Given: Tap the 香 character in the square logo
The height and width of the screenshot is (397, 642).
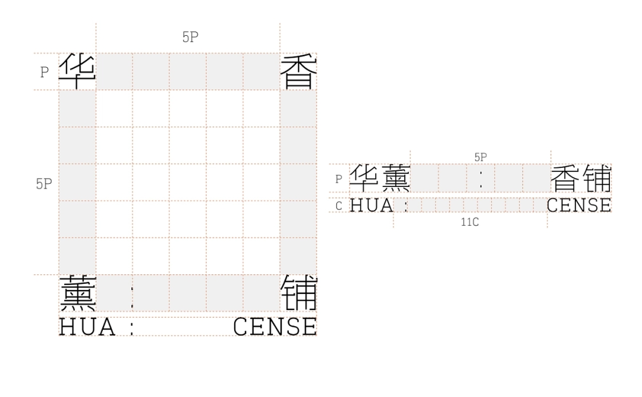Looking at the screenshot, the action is pyautogui.click(x=299, y=71).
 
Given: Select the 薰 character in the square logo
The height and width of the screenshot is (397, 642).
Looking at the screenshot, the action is pyautogui.click(x=78, y=293).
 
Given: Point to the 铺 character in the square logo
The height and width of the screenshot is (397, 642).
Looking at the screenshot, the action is pyautogui.click(x=299, y=293).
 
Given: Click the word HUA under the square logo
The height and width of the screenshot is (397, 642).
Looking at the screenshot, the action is pyautogui.click(x=87, y=327).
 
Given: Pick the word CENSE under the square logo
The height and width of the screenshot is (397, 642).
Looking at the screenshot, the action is pyautogui.click(x=275, y=327).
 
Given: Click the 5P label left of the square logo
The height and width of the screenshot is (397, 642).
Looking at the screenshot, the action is pyautogui.click(x=44, y=183).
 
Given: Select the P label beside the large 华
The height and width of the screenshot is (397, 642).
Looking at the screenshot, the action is pyautogui.click(x=44, y=72).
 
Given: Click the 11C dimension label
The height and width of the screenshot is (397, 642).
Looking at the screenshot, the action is pyautogui.click(x=470, y=222).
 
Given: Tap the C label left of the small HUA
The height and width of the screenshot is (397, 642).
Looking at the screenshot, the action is pyautogui.click(x=339, y=206).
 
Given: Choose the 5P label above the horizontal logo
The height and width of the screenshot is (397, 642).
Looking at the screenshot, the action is pyautogui.click(x=480, y=157).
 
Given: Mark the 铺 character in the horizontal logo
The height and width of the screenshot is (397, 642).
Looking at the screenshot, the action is pyautogui.click(x=596, y=179).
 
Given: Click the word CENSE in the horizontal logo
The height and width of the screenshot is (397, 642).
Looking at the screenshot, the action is pyautogui.click(x=579, y=205).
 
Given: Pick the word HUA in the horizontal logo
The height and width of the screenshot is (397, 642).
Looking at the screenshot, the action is pyautogui.click(x=372, y=205).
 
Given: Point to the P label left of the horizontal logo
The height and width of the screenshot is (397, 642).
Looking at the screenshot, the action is pyautogui.click(x=339, y=179).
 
